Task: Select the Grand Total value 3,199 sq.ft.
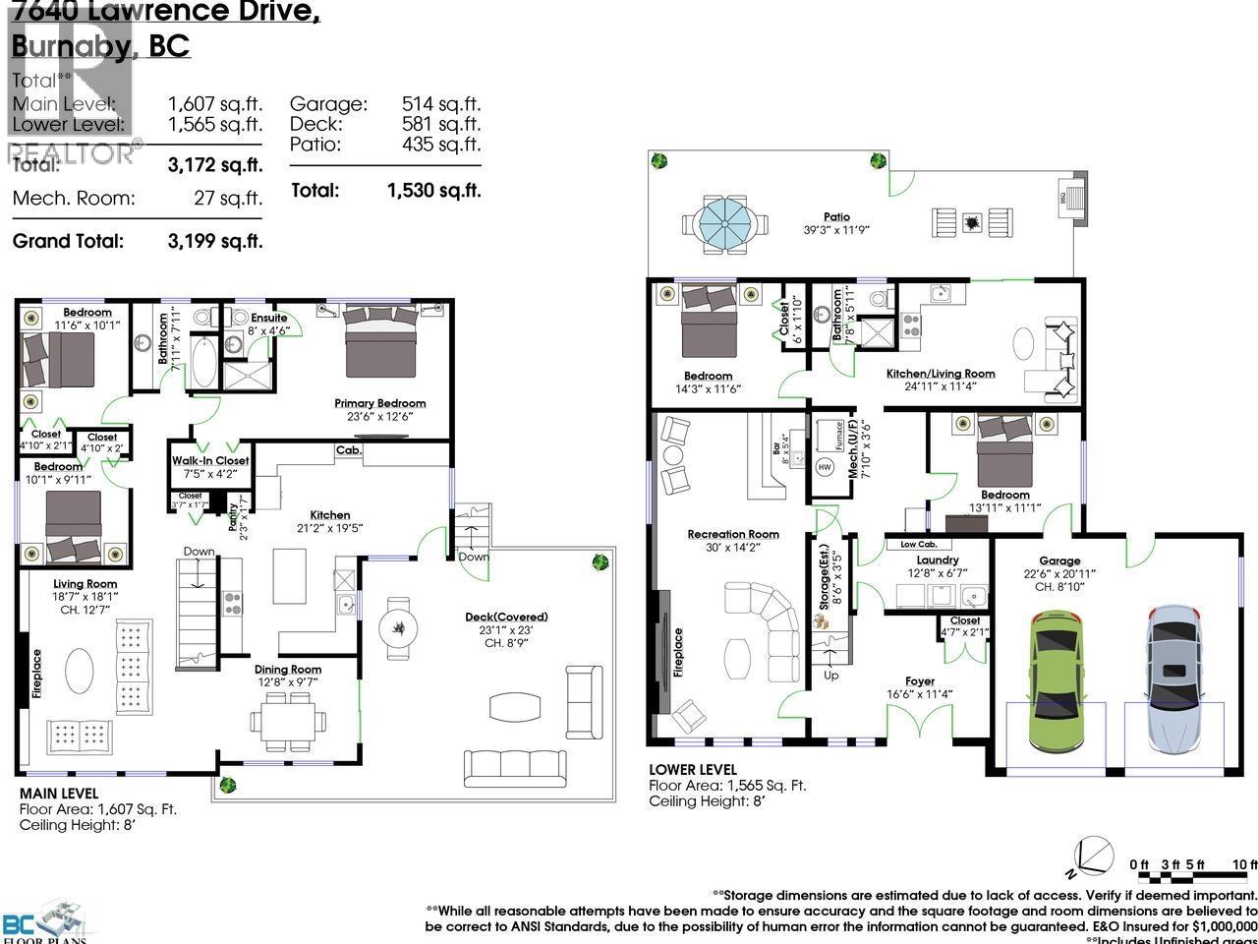tap(214, 241)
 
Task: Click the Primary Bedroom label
tap(379, 403)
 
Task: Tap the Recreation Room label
tap(733, 535)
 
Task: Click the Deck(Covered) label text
tap(506, 618)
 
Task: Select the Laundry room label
tap(937, 560)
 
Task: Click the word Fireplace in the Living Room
tap(37, 674)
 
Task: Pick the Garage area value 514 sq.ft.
tap(440, 104)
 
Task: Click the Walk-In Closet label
tap(210, 460)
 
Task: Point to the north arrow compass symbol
tap(1095, 855)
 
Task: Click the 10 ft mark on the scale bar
tap(1244, 864)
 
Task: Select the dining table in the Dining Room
tap(289, 719)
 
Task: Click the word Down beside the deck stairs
tap(474, 557)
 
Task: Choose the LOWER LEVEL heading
tap(692, 770)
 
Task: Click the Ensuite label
tap(268, 318)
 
